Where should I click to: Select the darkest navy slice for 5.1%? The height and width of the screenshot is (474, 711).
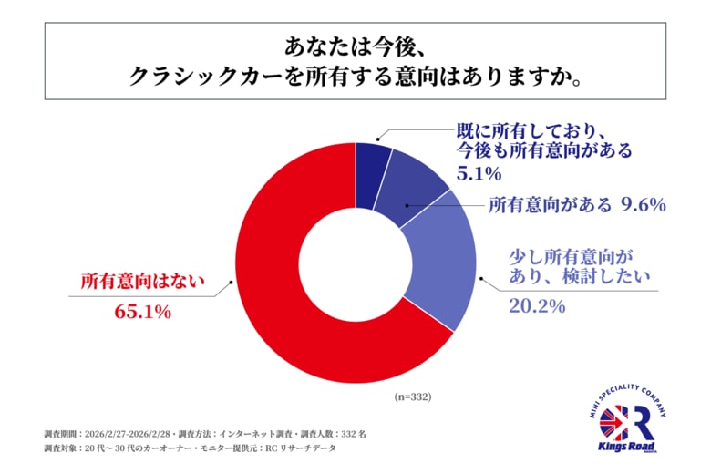371,160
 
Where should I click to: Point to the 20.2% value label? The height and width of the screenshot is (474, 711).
536,306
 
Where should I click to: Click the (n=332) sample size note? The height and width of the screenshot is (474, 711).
412,397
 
